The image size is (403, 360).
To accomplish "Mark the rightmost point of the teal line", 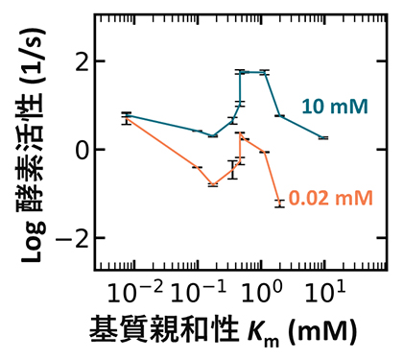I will click(x=323, y=138).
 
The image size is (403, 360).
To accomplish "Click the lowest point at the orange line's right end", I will click(x=279, y=203).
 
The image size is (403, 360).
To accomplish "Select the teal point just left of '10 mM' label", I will click(x=279, y=116).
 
